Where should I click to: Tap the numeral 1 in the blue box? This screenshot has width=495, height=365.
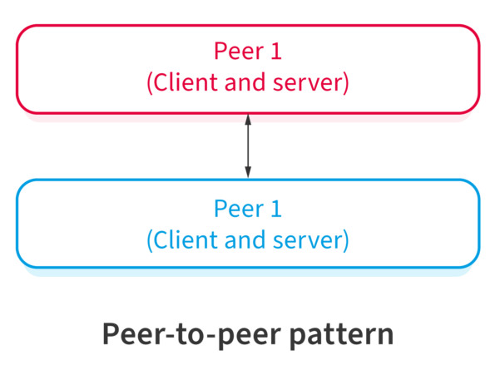tap(276, 208)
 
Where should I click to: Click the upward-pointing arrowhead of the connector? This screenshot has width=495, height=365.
tap(247, 119)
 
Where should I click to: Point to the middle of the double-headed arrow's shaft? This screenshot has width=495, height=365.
tap(247, 146)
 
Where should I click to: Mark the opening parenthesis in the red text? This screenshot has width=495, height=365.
tap(149, 85)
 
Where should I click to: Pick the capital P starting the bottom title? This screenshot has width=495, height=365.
tap(110, 333)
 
